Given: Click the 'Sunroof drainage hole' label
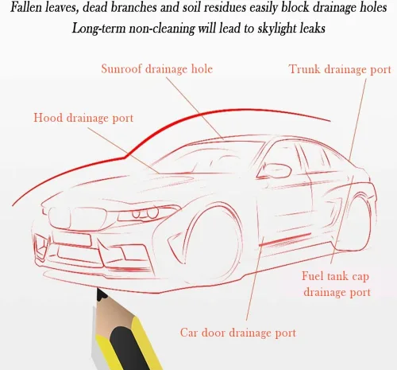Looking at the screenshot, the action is (157, 69).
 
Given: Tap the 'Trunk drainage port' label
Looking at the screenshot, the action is (340, 69).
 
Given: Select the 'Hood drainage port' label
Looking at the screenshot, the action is (83, 118).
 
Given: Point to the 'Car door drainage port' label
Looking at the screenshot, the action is (238, 333).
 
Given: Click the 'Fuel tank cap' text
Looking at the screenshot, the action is (335, 276).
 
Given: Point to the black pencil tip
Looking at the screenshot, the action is (102, 294).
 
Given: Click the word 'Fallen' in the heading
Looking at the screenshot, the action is (26, 7).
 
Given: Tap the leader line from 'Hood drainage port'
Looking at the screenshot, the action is (124, 150).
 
